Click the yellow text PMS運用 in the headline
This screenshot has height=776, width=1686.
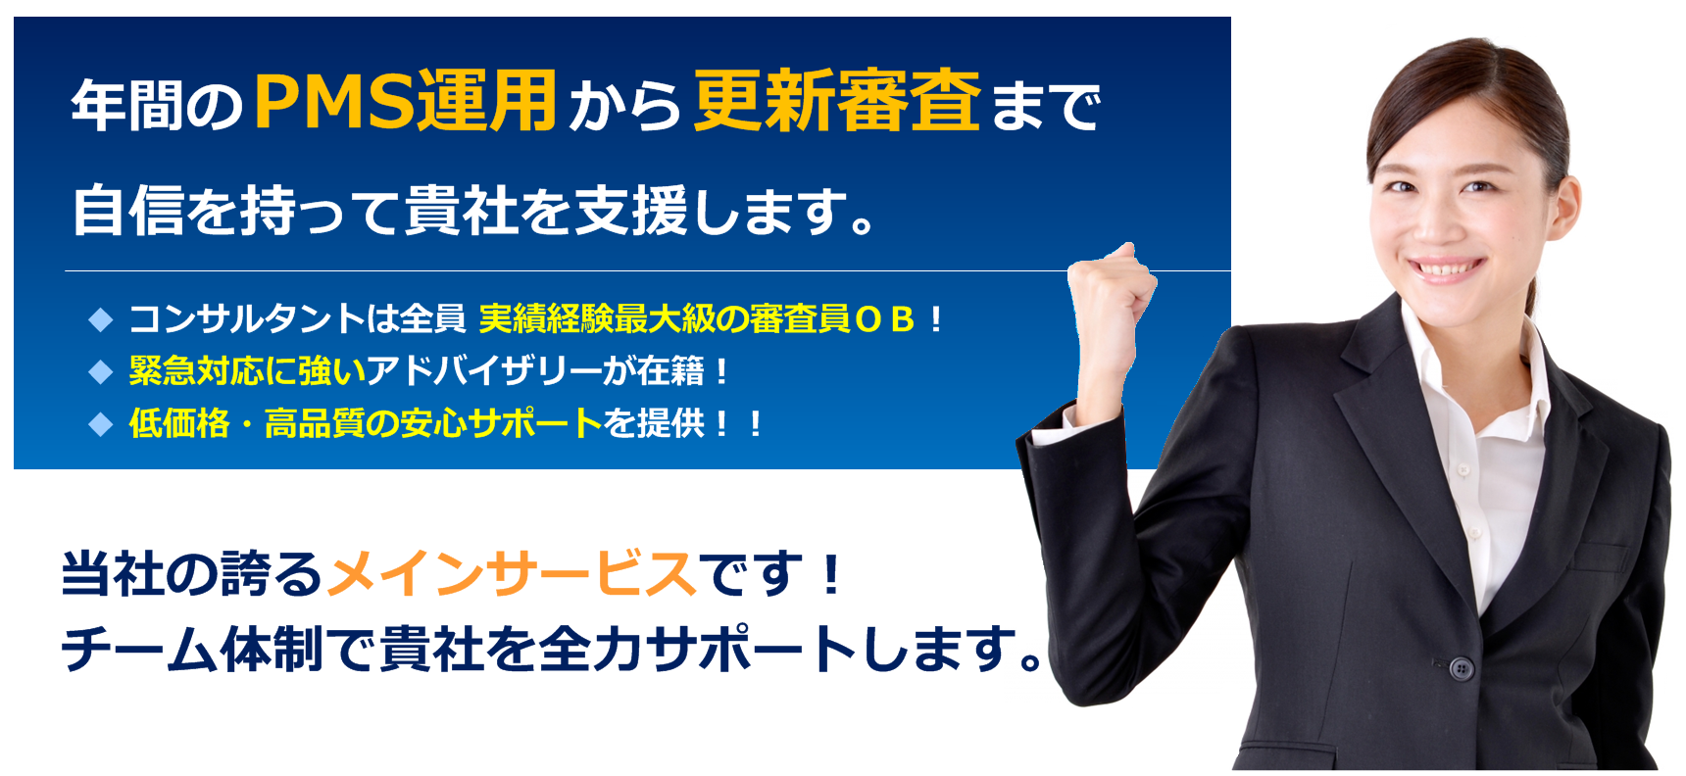point(405,101)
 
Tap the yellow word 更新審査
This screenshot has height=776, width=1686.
point(837,101)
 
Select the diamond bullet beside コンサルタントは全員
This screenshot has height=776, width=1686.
point(101,318)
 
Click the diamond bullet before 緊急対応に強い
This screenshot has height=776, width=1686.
point(101,371)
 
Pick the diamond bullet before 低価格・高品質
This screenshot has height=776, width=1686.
point(101,423)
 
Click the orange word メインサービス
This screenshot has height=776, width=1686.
point(512,574)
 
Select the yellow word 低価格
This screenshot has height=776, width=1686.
point(179,423)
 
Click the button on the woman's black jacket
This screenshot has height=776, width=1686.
point(1462,669)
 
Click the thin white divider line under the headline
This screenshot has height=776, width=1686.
point(647,270)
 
